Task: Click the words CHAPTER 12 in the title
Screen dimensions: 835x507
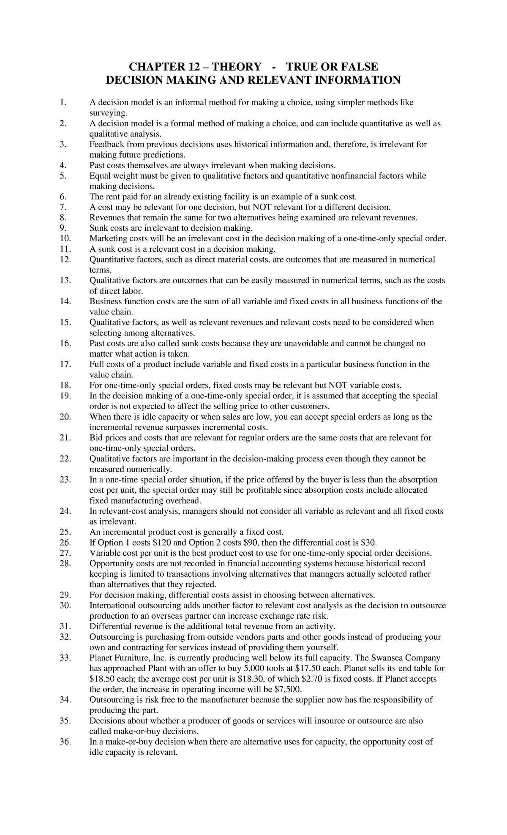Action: (x=156, y=67)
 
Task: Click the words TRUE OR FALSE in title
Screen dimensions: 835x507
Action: (x=332, y=67)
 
